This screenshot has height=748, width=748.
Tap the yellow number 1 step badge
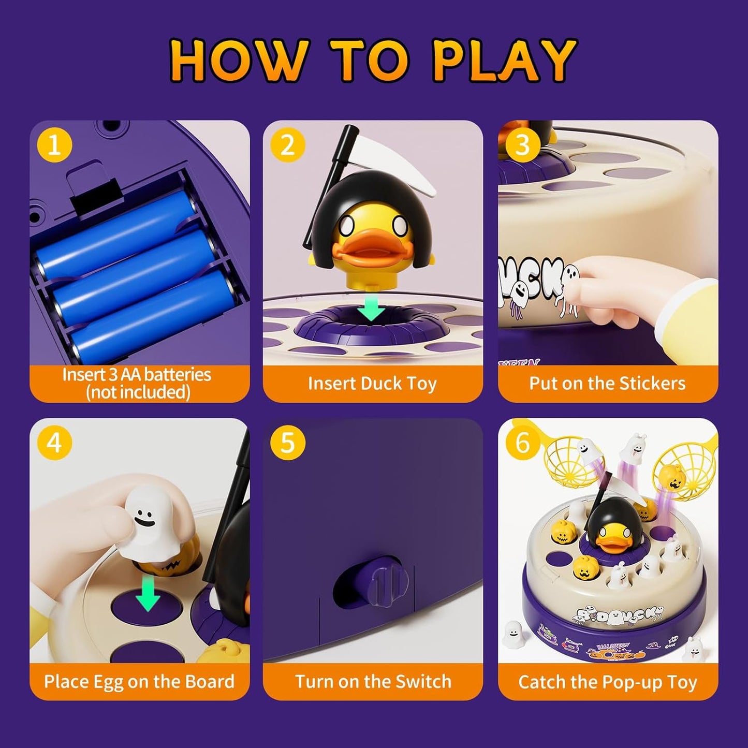tap(54, 145)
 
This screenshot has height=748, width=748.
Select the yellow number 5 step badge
tap(287, 443)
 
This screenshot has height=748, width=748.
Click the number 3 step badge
tap(522, 145)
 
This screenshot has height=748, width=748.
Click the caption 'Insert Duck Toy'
tap(372, 384)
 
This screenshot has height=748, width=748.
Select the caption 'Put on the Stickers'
tap(607, 384)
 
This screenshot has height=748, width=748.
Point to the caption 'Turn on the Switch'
tap(373, 681)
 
